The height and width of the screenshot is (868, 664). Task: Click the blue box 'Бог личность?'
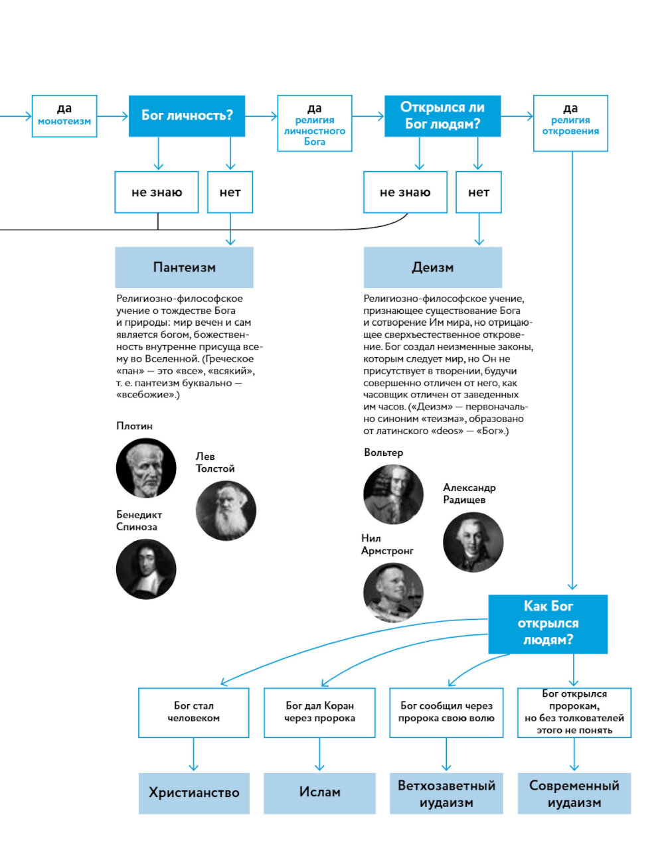(x=187, y=116)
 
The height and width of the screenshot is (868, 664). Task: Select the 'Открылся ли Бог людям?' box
(x=442, y=116)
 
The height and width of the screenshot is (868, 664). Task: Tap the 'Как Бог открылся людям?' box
(x=548, y=624)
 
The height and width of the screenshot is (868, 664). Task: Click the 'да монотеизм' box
(x=64, y=116)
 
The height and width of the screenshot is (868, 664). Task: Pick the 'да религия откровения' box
(x=570, y=123)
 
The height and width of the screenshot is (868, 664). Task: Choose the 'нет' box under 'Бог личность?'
(x=230, y=192)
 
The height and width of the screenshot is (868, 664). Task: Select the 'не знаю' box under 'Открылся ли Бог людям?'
(x=405, y=192)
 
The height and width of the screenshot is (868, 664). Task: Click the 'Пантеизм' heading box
(x=184, y=267)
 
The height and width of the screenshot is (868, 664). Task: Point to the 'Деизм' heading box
(x=432, y=267)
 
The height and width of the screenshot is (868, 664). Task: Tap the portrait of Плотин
(x=146, y=468)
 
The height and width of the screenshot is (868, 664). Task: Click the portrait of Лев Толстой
(x=226, y=511)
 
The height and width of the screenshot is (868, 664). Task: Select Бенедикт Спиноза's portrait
(x=146, y=569)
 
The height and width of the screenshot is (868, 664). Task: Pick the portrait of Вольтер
(x=393, y=494)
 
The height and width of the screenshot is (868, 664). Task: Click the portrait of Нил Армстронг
(x=393, y=593)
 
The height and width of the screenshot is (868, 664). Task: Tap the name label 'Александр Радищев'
(x=469, y=494)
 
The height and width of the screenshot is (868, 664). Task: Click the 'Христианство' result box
(x=194, y=793)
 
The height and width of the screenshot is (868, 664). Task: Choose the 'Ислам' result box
(x=319, y=793)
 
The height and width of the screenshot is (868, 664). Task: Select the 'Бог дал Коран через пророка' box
(x=319, y=712)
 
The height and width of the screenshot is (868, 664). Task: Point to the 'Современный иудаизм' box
(x=574, y=793)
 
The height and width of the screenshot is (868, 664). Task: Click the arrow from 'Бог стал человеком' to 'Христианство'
(x=193, y=755)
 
